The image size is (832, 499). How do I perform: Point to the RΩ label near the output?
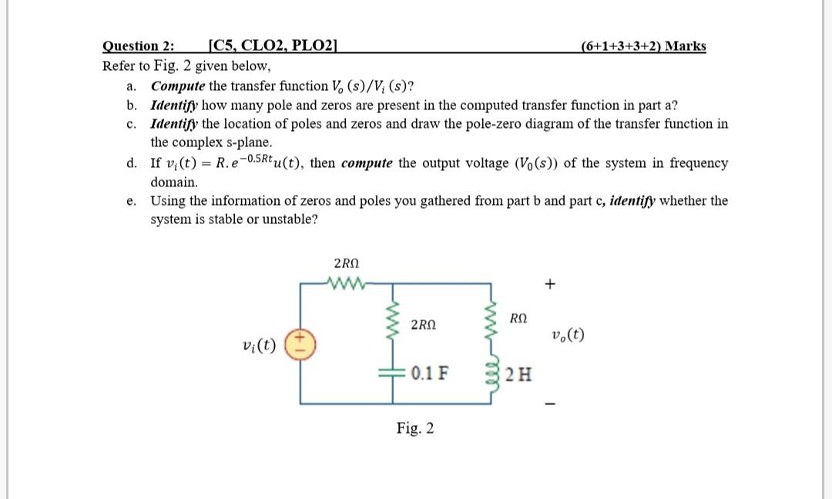[518, 318]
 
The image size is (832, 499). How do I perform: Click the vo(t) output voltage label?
[569, 335]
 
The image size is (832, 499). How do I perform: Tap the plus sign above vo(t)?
[549, 284]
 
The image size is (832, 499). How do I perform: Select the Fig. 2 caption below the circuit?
[415, 428]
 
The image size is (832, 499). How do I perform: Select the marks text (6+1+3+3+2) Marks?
[643, 46]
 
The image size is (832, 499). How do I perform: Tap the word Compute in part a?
[178, 85]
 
